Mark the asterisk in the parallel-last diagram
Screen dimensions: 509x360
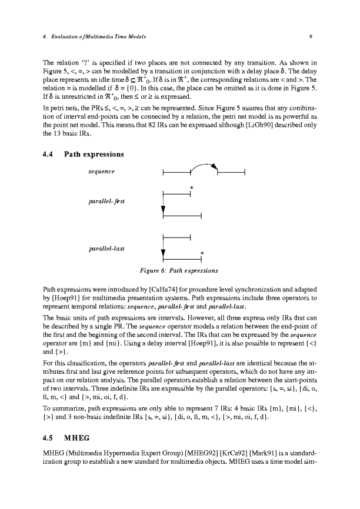(202, 253)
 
